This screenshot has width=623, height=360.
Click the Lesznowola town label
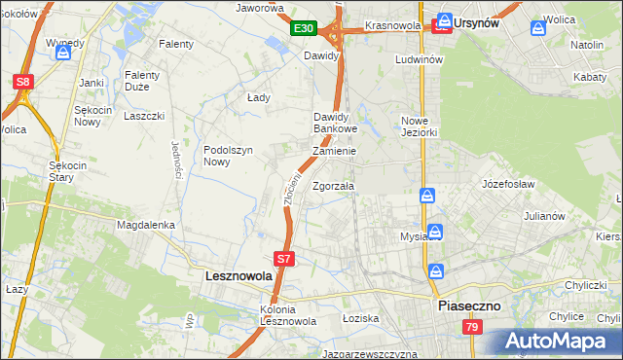[x=239, y=276]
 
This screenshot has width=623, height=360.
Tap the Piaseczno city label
[x=468, y=305]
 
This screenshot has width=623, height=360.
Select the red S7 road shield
[x=283, y=259]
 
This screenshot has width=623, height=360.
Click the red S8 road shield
[x=23, y=84]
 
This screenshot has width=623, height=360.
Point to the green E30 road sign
[x=304, y=29]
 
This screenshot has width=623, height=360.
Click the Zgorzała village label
[x=333, y=186]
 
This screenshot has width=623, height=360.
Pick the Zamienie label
[x=334, y=152]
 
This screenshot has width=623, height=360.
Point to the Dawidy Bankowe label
[x=336, y=123]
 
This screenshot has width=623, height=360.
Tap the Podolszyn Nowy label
[x=230, y=156]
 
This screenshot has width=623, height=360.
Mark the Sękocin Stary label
[x=69, y=171]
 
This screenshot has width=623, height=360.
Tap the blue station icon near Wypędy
[x=63, y=54]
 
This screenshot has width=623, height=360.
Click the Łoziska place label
[x=359, y=318]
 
